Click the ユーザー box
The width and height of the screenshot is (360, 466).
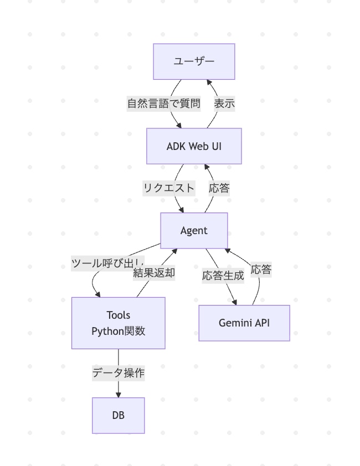194,61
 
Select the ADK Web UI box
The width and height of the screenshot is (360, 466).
194,146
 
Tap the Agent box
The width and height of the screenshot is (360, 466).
194,230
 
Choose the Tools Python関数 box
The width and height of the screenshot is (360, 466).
118,323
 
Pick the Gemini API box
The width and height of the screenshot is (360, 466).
244,323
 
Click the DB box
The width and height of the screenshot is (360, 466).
118,415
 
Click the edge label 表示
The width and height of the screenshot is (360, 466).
224,103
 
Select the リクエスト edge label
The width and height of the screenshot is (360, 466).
169,188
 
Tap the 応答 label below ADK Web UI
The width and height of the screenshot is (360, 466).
219,188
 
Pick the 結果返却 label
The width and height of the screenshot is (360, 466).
154,273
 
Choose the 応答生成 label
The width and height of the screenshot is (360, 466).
223,276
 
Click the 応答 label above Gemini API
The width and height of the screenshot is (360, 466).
261,270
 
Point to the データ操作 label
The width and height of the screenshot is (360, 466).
118,373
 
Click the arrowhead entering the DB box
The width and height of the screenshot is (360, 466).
118,394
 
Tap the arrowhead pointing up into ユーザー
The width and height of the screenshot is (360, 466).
208,83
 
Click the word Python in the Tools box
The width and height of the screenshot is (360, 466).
106,332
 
